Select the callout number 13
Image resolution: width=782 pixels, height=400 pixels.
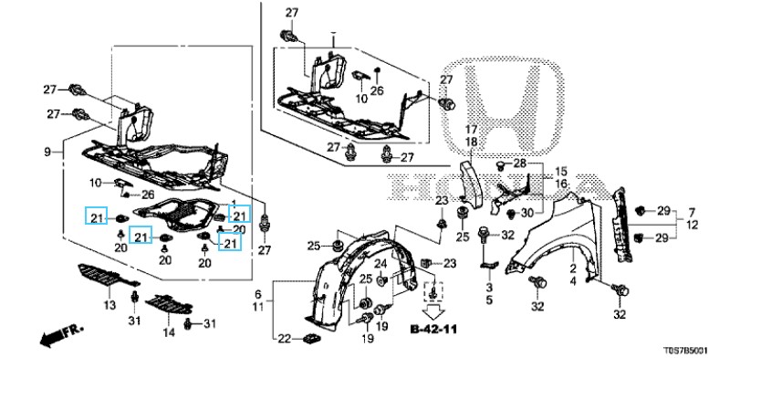(110, 304)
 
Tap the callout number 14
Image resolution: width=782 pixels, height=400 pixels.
(168, 332)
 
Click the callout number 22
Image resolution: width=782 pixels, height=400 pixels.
(284, 339)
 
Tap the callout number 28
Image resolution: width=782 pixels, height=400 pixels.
(520, 163)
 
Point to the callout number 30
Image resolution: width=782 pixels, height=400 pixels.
(527, 213)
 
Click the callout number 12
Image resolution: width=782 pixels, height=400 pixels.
(693, 225)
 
